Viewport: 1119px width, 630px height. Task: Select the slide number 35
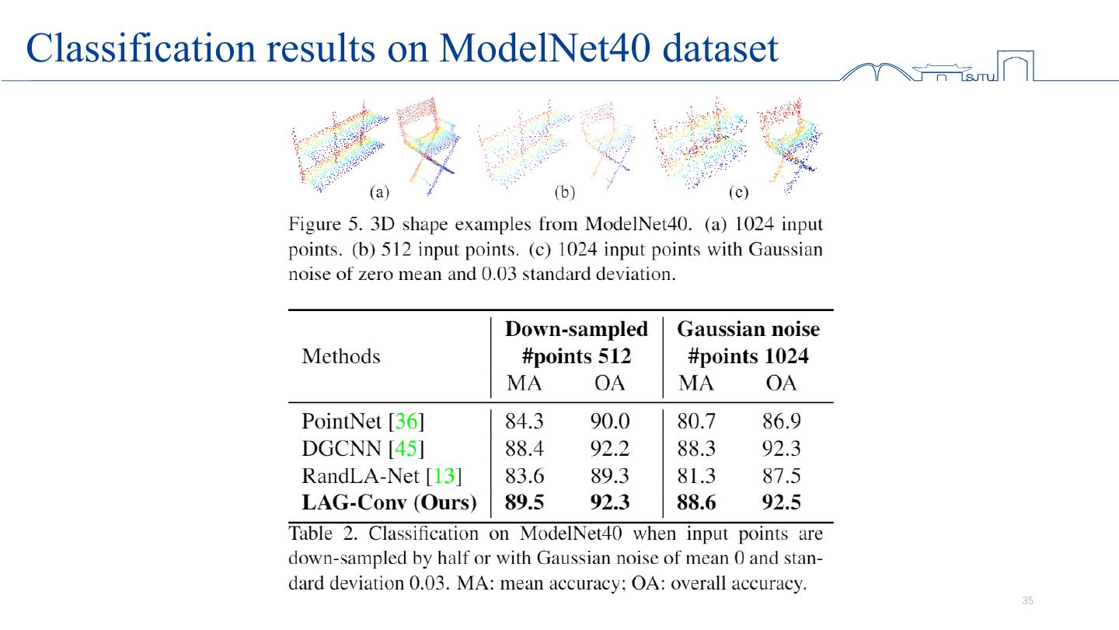(x=1028, y=600)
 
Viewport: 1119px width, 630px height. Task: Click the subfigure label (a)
(x=379, y=191)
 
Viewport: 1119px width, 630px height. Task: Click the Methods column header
(x=340, y=356)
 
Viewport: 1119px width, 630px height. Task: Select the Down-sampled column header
(x=576, y=329)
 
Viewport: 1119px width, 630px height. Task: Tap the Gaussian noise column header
(x=748, y=329)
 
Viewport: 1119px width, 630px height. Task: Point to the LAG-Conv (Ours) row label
(x=389, y=502)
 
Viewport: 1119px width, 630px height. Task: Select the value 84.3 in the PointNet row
(x=524, y=422)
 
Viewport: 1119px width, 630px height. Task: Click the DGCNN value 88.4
(x=524, y=449)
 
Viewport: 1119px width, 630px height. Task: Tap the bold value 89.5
(x=524, y=502)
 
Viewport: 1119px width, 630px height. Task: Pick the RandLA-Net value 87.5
(x=781, y=476)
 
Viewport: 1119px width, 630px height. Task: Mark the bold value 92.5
(x=781, y=502)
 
